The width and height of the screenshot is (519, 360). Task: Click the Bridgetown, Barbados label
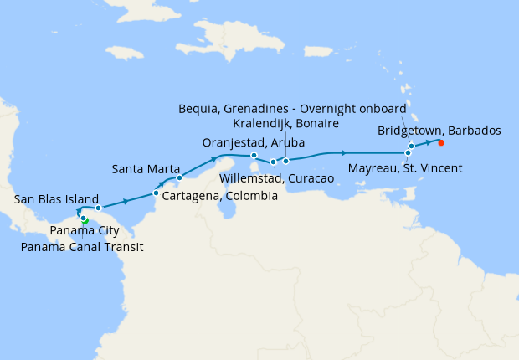(439, 131)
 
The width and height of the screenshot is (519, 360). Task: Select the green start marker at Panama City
(85, 220)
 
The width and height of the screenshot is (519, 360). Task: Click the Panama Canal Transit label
(82, 247)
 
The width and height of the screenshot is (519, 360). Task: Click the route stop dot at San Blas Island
(98, 208)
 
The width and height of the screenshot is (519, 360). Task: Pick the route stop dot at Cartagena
(157, 194)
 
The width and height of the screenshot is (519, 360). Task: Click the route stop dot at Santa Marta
(179, 177)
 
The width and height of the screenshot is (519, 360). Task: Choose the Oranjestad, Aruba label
(254, 142)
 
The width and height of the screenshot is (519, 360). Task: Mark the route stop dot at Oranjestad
(254, 155)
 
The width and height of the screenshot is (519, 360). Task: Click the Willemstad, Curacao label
(276, 178)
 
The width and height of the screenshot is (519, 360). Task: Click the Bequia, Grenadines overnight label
(293, 109)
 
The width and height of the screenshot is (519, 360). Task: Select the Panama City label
(83, 230)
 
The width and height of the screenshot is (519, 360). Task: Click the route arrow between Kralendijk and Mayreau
(343, 153)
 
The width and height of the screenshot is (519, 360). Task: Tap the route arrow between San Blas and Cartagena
(126, 201)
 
